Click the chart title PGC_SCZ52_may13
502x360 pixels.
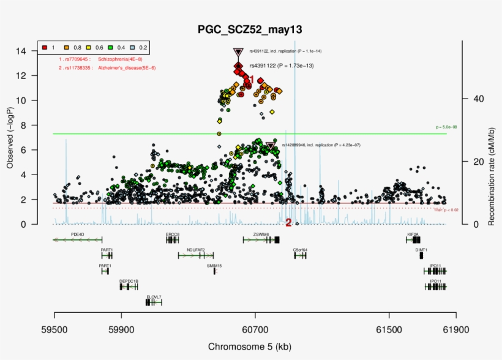click(x=249, y=29)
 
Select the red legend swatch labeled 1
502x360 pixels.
click(x=45, y=47)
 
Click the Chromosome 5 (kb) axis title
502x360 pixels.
click(x=249, y=347)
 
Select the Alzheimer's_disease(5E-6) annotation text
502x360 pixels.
click(x=125, y=68)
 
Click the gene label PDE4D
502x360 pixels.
click(x=77, y=234)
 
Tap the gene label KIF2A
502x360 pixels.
click(x=413, y=234)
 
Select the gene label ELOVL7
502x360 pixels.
click(x=154, y=297)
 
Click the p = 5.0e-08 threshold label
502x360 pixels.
click(x=446, y=127)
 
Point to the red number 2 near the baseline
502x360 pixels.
click(x=288, y=223)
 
